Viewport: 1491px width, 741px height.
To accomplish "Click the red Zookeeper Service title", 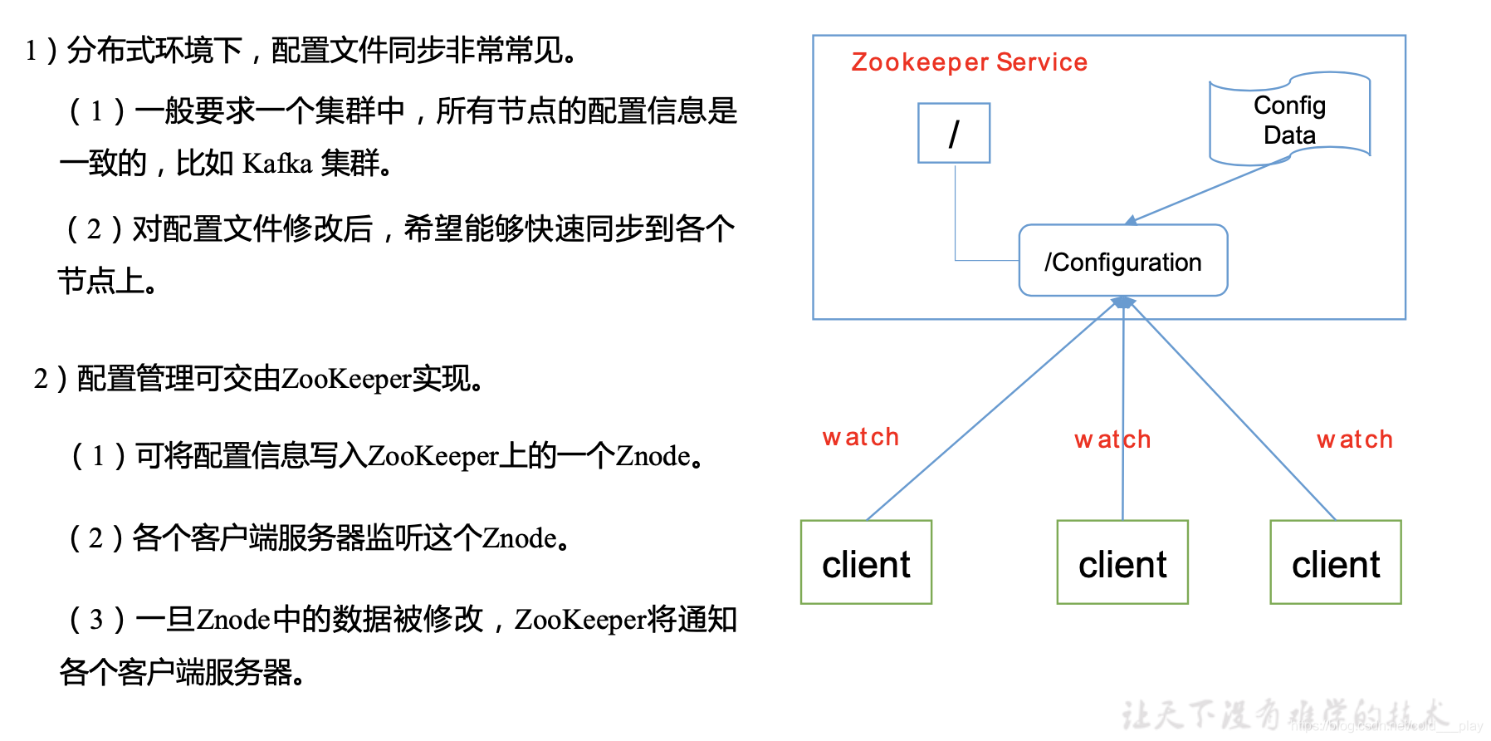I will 969,62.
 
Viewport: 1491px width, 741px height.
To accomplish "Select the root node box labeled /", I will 954,133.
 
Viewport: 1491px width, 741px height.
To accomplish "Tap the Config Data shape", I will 1289,120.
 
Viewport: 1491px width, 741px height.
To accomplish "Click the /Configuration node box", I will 1123,261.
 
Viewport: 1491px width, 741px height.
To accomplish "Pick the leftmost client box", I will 866,562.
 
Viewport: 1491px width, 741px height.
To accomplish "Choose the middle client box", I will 1122,562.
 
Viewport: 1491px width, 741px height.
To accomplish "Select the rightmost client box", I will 1336,562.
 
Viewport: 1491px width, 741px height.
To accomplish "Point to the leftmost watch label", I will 861,437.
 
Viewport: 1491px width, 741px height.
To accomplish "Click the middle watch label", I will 1112,439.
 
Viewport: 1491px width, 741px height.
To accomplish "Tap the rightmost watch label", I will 1355,439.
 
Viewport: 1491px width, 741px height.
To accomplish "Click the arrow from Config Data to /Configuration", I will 1204,192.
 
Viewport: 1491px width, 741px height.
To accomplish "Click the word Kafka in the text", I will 277,164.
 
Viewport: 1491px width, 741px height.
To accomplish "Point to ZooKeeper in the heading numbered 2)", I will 346,379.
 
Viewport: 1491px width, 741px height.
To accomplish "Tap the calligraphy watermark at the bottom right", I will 1283,714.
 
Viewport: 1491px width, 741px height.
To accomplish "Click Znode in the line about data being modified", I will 233,620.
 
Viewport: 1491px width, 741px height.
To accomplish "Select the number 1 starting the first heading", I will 32,52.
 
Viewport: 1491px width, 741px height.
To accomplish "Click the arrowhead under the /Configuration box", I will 1123,302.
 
